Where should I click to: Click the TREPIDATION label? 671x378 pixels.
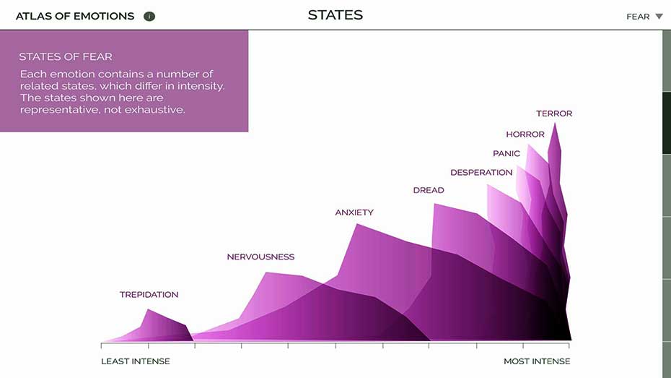coord(149,295)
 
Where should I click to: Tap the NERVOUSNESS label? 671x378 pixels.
coord(260,257)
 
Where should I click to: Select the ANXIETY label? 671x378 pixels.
coord(354,212)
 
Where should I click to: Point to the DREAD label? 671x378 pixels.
coord(429,190)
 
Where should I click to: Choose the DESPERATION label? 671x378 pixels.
coord(481,173)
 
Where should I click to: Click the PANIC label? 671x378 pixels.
coord(506,153)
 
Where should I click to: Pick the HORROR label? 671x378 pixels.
coord(525,134)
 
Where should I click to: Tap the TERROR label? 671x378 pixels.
coord(554,113)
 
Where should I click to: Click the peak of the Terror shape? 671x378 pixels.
coord(555,124)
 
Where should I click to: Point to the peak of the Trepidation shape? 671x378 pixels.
coord(148,309)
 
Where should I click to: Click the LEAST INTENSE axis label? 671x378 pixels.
coord(135,361)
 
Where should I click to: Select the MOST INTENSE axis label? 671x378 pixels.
coord(537,361)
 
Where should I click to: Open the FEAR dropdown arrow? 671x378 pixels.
coord(659,17)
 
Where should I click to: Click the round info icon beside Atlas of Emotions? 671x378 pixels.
coord(149,17)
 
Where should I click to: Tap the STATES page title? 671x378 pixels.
coord(335,15)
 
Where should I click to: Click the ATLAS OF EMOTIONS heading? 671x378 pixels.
coord(75,17)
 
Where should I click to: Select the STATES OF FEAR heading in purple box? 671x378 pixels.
coord(66,56)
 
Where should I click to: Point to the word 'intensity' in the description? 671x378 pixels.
coord(201,86)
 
